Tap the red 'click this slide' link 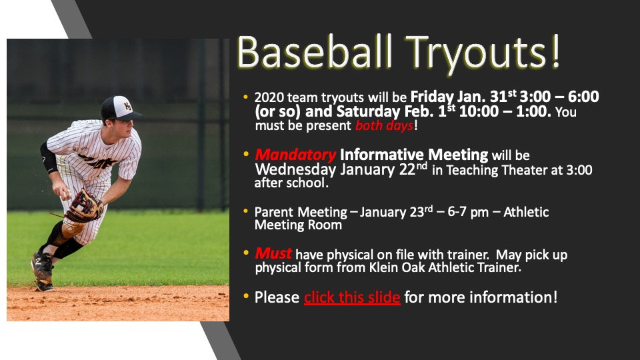(x=352, y=297)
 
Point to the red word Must (x=273, y=253)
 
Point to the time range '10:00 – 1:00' (x=506, y=111)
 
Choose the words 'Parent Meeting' (x=301, y=212)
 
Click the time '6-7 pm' (x=465, y=212)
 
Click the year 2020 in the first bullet (x=269, y=97)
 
